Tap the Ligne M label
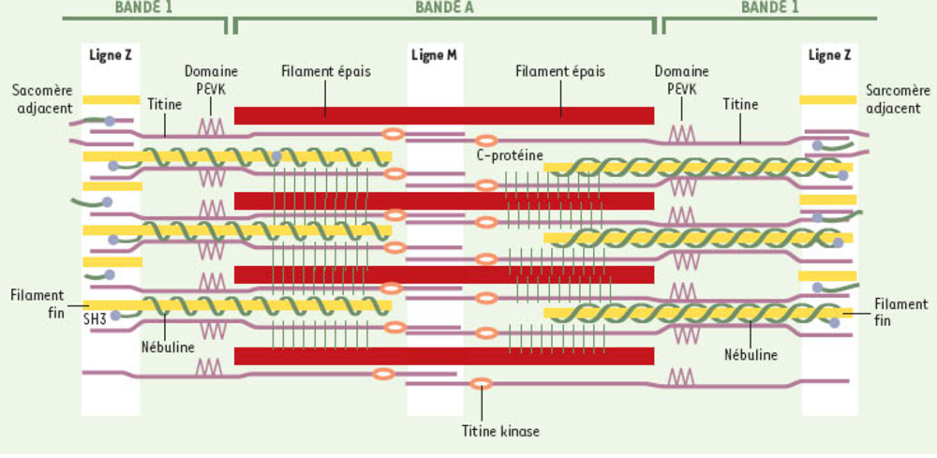[434, 55]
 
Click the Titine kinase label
[501, 432]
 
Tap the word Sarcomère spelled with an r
[899, 91]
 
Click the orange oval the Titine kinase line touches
[482, 383]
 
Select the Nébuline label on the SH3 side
[169, 347]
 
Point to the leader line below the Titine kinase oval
[482, 405]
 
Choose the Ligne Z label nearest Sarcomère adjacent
[829, 55]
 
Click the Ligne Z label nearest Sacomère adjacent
[110, 55]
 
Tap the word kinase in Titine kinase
[521, 432]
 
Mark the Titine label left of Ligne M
[165, 106]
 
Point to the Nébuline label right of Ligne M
[751, 355]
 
